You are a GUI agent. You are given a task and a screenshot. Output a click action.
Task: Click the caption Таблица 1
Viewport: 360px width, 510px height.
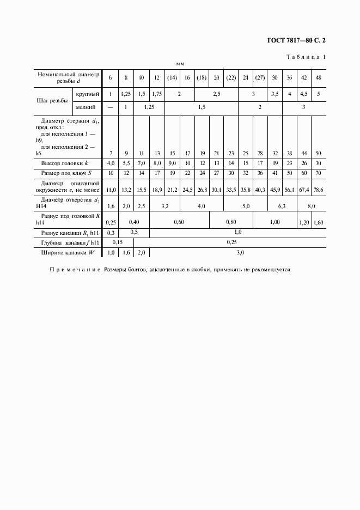(306, 57)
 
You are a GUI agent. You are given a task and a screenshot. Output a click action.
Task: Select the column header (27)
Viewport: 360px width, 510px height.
(260, 77)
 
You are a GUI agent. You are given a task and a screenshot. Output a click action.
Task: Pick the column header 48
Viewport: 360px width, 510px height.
(318, 77)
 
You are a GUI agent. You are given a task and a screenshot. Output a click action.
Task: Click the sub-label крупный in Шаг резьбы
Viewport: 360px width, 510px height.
(87, 94)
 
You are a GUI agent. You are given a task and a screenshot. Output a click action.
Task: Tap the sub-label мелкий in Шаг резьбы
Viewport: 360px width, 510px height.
(87, 107)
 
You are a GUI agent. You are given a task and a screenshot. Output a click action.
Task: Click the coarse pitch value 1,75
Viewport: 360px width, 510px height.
(156, 94)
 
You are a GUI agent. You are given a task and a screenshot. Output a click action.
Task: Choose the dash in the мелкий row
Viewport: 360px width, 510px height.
(111, 107)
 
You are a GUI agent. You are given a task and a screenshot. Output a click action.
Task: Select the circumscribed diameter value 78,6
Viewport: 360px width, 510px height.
(318, 190)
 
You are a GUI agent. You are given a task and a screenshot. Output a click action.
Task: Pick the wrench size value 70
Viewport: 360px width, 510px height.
(318, 173)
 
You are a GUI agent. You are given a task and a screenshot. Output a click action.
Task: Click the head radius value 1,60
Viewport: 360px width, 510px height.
(318, 222)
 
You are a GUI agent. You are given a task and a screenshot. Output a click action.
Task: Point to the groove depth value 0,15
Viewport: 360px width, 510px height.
(118, 241)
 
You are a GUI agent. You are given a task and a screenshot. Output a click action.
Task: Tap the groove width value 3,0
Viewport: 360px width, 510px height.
(240, 252)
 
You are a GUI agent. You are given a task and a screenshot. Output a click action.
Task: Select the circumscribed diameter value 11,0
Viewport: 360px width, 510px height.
(111, 190)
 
